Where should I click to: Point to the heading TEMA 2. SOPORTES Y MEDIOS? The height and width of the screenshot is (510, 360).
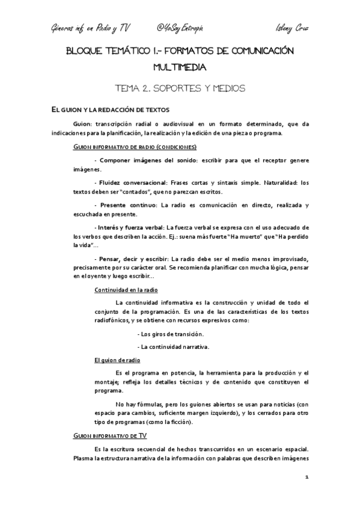coord(180,88)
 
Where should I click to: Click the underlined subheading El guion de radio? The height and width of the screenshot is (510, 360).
coord(117,360)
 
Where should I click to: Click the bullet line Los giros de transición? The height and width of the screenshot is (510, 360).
coord(171,333)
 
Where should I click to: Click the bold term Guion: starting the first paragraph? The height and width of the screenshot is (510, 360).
coord(82,124)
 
